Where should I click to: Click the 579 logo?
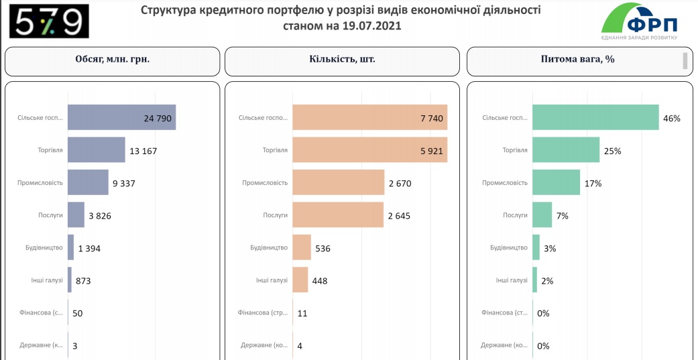coord(49,21)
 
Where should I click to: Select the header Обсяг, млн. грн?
coord(112,59)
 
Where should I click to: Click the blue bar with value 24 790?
coord(121,118)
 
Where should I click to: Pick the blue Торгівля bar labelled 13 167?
coord(97,150)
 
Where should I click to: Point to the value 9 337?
coord(124,183)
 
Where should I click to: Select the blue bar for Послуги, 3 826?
coord(76,215)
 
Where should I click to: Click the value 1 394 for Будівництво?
coord(89,248)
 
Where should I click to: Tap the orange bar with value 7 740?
coord(369,118)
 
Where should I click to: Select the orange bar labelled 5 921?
coord(369,150)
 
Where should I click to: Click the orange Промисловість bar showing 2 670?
coord(338,183)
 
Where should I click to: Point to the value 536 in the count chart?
coord(323,248)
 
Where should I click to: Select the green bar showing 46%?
coord(595,118)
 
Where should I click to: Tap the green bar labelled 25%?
coord(566,150)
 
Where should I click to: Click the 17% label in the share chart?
coord(593,183)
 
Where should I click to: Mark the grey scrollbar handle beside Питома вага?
coord(685,60)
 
